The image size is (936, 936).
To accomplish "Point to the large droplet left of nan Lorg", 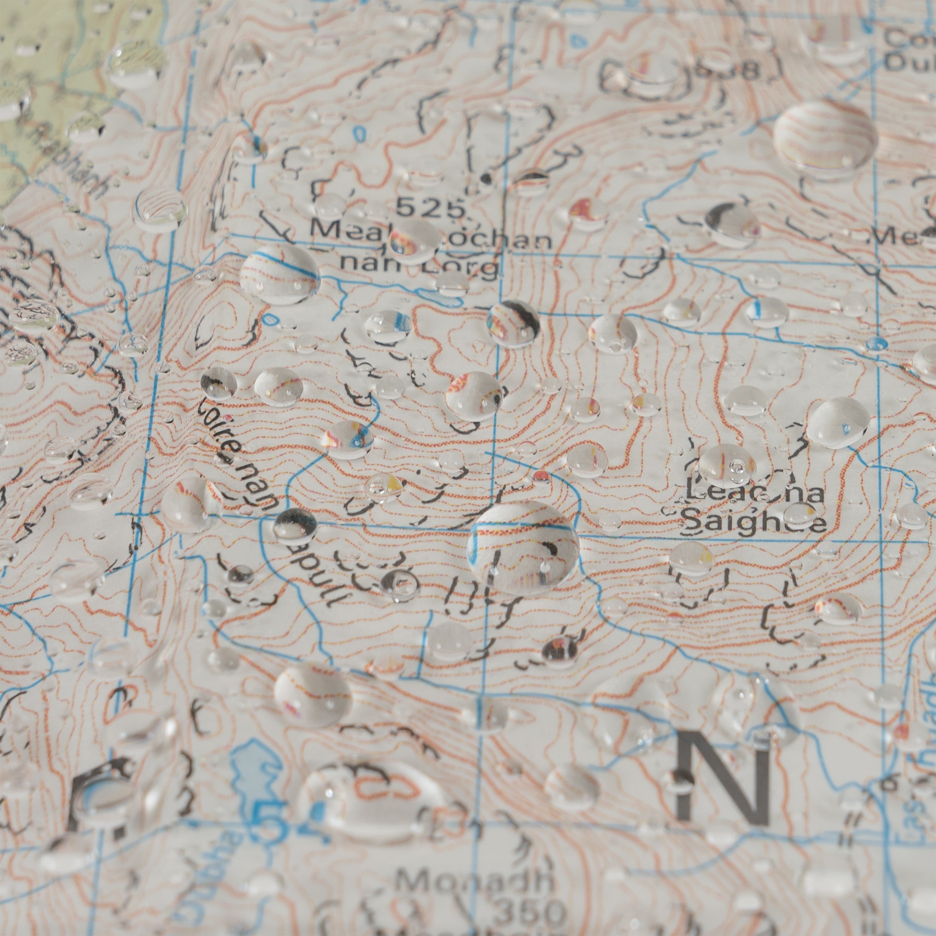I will pyautogui.click(x=280, y=274).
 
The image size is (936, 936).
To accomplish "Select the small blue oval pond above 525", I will pyautogui.click(x=359, y=133).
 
